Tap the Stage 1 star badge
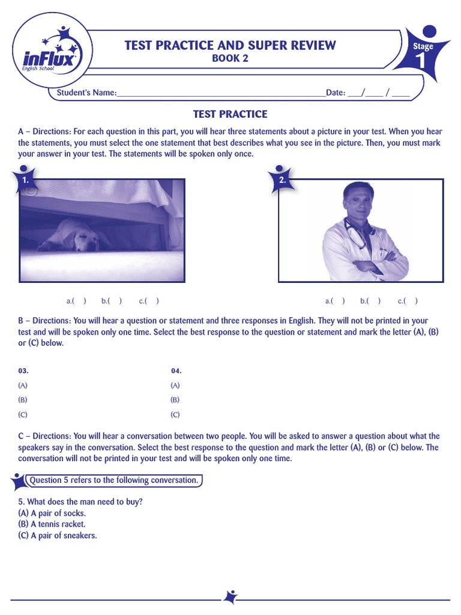pyautogui.click(x=424, y=52)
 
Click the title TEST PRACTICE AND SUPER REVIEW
pyautogui.click(x=230, y=45)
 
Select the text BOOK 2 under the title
pyautogui.click(x=230, y=58)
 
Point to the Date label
pyautogui.click(x=335, y=93)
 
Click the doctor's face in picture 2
pyautogui.click(x=358, y=202)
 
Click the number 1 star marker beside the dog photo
pyautogui.click(x=25, y=180)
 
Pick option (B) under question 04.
pyautogui.click(x=175, y=399)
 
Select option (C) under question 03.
pyautogui.click(x=23, y=414)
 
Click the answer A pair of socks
pyautogui.click(x=52, y=513)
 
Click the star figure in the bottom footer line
pyautogui.click(x=230, y=597)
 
